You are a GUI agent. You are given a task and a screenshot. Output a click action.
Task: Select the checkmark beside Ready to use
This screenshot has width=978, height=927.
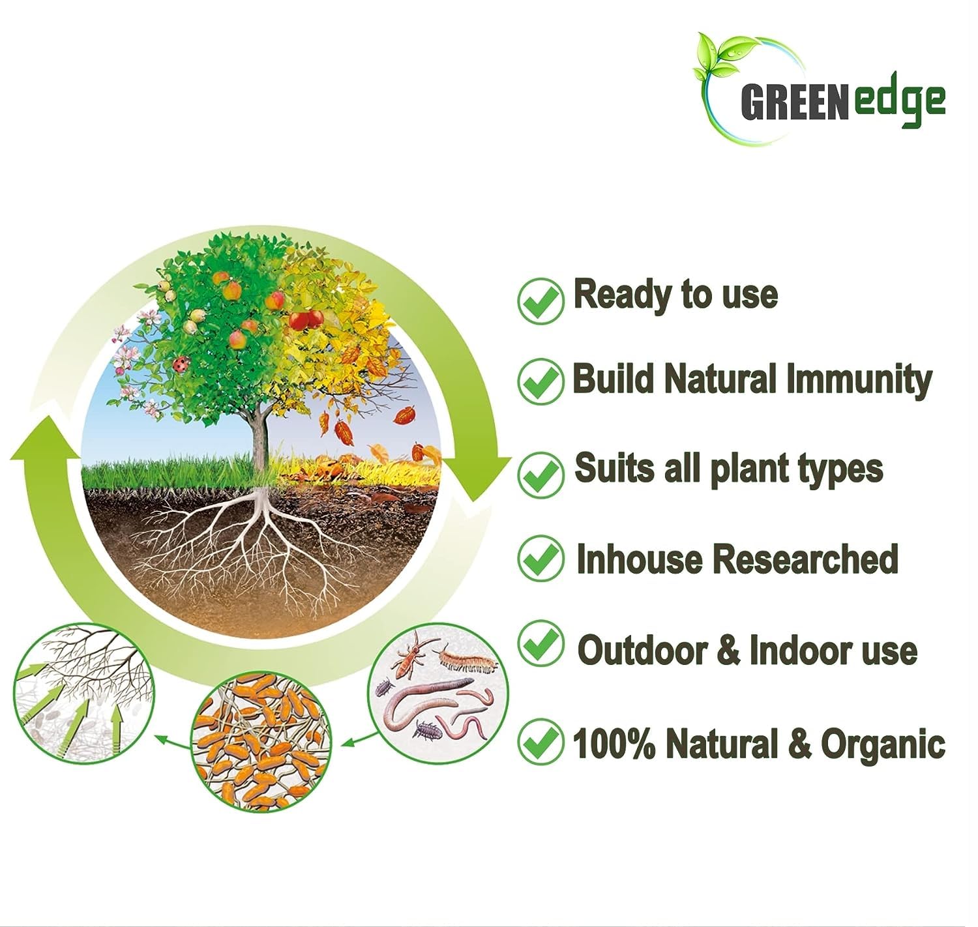point(541,300)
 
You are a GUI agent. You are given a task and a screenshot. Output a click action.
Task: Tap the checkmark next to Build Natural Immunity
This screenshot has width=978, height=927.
point(541,381)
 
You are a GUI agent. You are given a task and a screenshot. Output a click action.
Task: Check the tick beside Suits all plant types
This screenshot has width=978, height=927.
point(541,474)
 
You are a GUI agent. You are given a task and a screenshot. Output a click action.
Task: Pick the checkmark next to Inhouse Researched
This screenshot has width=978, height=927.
point(541,558)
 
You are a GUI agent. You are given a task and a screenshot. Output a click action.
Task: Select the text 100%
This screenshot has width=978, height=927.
point(614,744)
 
